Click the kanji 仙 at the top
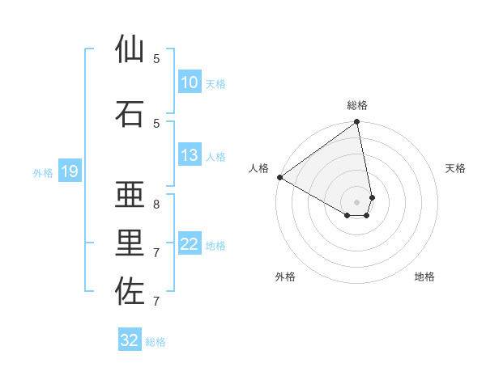130,49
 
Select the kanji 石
130,113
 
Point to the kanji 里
130,243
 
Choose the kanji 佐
130,292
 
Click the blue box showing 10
189,82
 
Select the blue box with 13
189,155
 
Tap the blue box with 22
189,245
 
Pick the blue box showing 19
69,171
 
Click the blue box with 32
130,340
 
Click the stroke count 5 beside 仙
156,58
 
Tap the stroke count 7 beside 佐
156,301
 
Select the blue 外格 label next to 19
43,172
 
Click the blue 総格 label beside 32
156,342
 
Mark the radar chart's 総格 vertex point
356,123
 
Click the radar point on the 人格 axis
279,177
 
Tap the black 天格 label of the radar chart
455,168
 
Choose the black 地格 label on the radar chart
424,277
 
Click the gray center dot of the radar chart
356,201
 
